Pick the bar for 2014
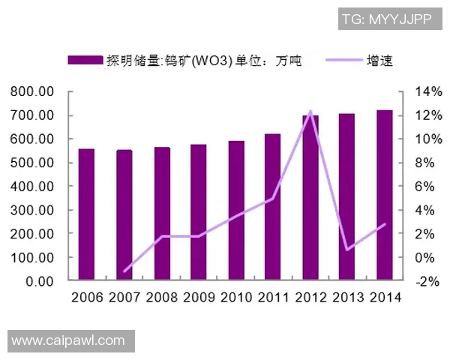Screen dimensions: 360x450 coord(384,195)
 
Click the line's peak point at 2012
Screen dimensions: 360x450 coord(310,112)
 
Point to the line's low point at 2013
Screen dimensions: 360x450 coord(347,250)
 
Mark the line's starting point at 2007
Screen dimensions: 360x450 coord(124,271)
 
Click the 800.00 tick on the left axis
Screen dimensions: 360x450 coord(32,91)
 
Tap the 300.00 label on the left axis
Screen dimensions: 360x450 coord(32,210)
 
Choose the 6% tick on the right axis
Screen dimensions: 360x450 coord(417,186)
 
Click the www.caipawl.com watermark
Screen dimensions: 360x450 coord(68,341)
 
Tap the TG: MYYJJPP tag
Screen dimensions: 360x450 coord(386,19)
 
